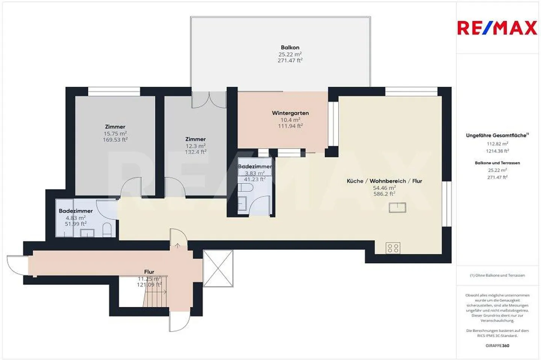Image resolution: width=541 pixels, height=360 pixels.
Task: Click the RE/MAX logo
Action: [x=497, y=28]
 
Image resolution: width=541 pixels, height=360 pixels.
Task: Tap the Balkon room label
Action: [x=290, y=47]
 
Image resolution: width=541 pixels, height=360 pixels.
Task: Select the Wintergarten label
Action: [x=290, y=113]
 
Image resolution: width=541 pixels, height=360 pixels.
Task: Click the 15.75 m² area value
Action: [x=115, y=133]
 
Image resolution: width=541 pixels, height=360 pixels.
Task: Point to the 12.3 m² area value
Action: [x=195, y=146]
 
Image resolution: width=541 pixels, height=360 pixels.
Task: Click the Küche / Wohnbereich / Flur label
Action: [x=384, y=181]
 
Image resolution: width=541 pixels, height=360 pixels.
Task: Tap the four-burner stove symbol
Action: [x=393, y=248]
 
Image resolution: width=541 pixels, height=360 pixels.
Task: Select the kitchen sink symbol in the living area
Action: [x=397, y=207]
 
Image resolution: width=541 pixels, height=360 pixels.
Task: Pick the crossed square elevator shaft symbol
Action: [x=218, y=268]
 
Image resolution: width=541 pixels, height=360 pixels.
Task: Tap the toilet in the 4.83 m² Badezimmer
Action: [x=107, y=230]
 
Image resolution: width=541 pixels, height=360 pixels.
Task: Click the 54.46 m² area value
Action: [x=384, y=188]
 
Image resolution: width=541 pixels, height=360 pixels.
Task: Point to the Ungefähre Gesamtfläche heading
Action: [x=497, y=135]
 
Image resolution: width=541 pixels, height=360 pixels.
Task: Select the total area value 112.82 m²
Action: [x=497, y=143]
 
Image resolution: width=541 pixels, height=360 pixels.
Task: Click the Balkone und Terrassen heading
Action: [x=497, y=163]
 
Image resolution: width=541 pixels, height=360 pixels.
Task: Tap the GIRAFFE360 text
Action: [x=497, y=345]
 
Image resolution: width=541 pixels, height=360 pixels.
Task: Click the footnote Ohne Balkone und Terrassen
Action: [x=497, y=275]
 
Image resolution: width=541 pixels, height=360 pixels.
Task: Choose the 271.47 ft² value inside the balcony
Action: [x=290, y=60]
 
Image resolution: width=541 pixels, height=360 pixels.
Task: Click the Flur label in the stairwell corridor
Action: [x=149, y=271]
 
